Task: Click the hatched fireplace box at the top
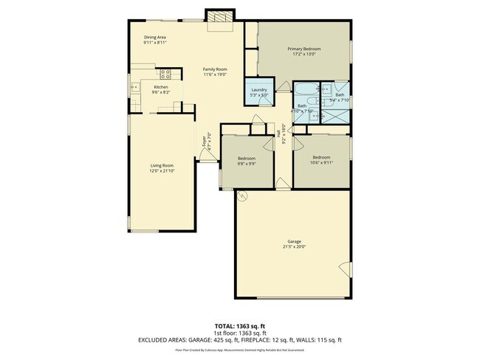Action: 219,17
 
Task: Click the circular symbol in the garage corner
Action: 241,195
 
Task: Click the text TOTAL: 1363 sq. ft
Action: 239,325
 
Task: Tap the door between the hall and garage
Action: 283,182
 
